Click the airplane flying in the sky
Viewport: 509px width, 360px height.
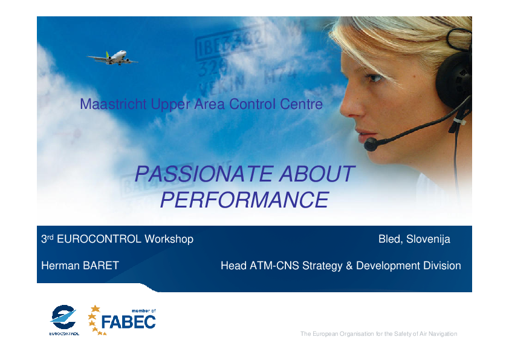click(x=112, y=57)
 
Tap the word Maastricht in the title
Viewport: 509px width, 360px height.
click(x=113, y=104)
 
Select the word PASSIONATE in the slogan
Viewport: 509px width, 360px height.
click(x=204, y=174)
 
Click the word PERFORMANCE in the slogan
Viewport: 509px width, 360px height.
click(x=245, y=200)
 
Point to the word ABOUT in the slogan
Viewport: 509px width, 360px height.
click(x=317, y=174)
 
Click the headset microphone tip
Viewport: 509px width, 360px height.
click(x=371, y=144)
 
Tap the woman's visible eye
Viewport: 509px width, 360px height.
click(x=374, y=77)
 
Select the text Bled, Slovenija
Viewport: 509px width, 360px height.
click(x=414, y=239)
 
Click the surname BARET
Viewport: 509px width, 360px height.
click(x=100, y=266)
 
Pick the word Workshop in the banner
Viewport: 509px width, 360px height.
click(x=169, y=239)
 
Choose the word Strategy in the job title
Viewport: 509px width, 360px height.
click(x=322, y=266)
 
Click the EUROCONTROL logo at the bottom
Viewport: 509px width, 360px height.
click(x=64, y=320)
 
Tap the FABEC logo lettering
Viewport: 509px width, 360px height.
click(x=129, y=322)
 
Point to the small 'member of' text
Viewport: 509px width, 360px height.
click(x=143, y=310)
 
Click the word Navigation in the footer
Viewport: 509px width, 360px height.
click(x=443, y=334)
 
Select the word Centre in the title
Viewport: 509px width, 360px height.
click(x=301, y=104)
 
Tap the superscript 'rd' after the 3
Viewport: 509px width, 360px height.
click(x=50, y=237)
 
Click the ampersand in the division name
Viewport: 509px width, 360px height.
click(x=349, y=266)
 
